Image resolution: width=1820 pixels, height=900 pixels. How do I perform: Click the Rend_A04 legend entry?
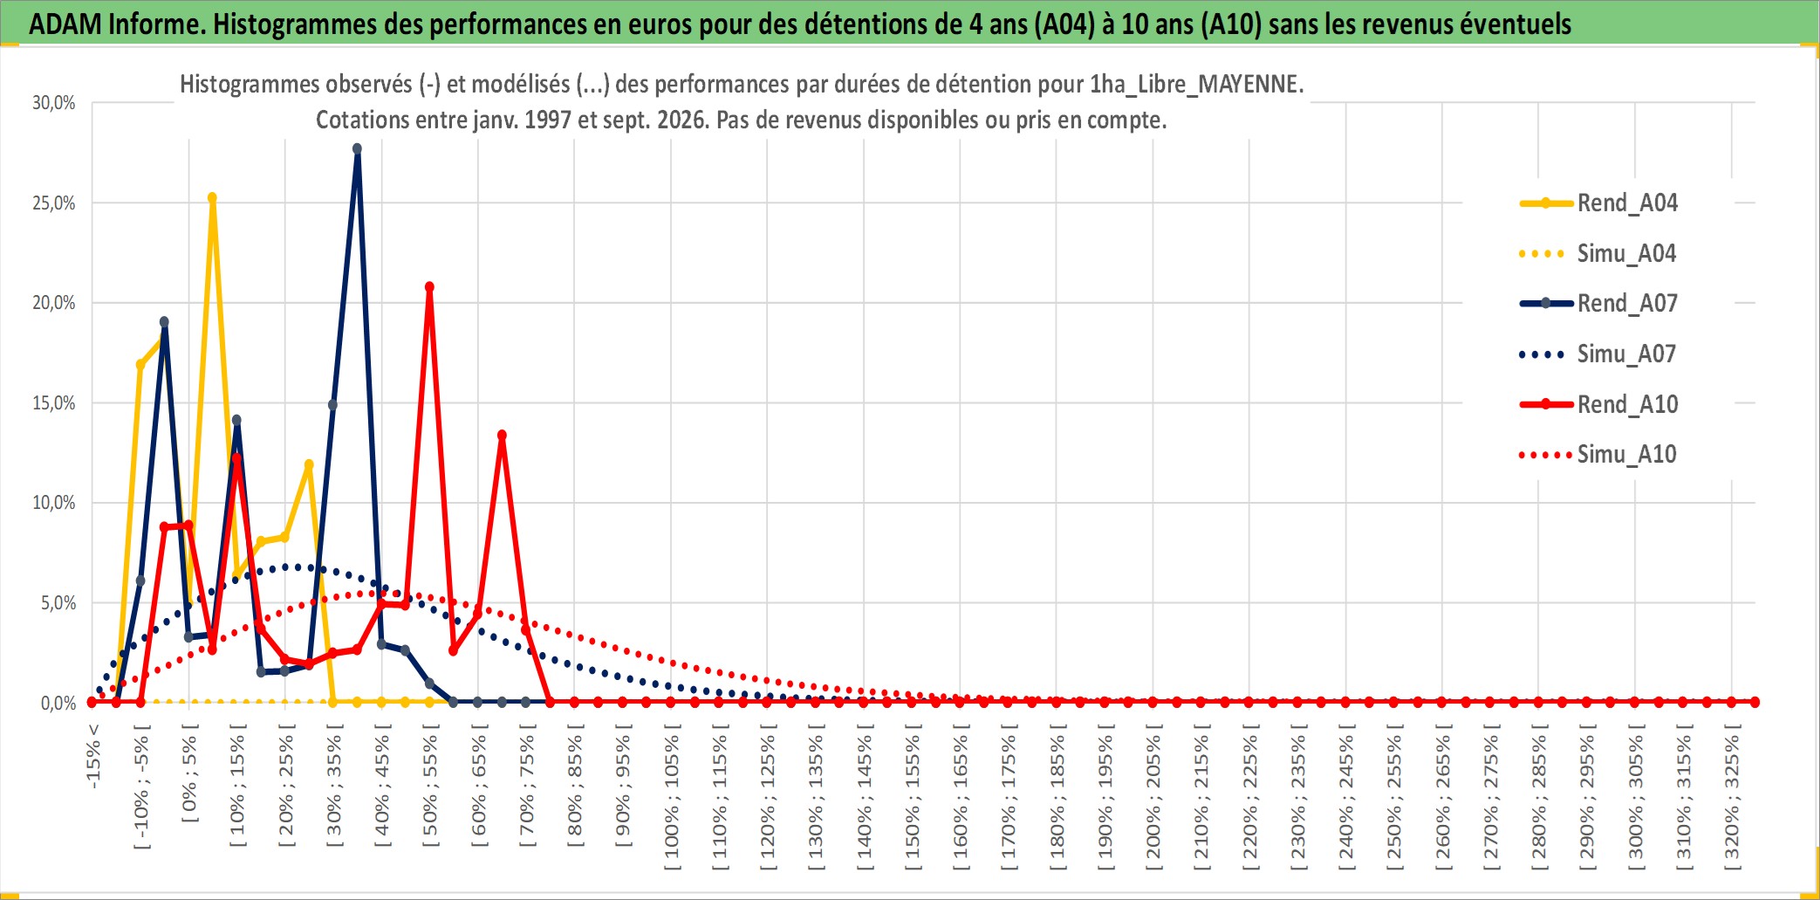tap(1598, 203)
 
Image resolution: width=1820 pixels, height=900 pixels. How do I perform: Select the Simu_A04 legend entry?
tap(1598, 253)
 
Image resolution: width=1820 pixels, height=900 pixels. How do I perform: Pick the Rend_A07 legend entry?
tap(1598, 303)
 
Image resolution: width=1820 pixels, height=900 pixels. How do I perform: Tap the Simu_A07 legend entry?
tap(1598, 354)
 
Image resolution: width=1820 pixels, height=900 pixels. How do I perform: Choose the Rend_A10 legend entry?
tap(1598, 404)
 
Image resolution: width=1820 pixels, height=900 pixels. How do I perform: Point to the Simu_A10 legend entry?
tap(1598, 454)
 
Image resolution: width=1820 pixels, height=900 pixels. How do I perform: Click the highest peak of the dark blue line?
tap(357, 148)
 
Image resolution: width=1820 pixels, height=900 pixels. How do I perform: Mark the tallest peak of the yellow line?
tap(212, 198)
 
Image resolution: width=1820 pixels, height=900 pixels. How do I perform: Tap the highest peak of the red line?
tap(429, 287)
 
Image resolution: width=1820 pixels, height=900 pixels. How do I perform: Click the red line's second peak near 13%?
tap(502, 435)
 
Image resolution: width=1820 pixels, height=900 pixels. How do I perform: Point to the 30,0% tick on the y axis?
tap(54, 103)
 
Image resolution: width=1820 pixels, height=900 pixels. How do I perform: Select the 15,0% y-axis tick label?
tap(54, 403)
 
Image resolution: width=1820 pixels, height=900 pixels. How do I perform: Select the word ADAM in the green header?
tap(65, 24)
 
